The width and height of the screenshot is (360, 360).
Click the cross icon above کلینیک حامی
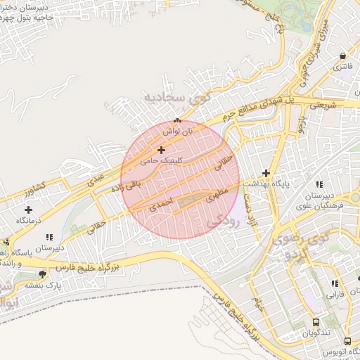(162, 150)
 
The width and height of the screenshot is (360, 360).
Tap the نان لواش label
(178, 131)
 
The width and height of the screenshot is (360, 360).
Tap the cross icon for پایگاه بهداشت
(266, 172)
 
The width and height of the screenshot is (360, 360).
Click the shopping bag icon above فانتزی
(342, 56)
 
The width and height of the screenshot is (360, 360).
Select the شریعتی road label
(333, 104)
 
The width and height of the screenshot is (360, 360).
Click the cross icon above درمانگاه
(28, 209)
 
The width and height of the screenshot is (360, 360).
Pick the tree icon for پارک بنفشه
(44, 274)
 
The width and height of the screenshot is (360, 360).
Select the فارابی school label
(334, 296)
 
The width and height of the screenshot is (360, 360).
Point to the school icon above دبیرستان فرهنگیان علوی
(320, 184)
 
